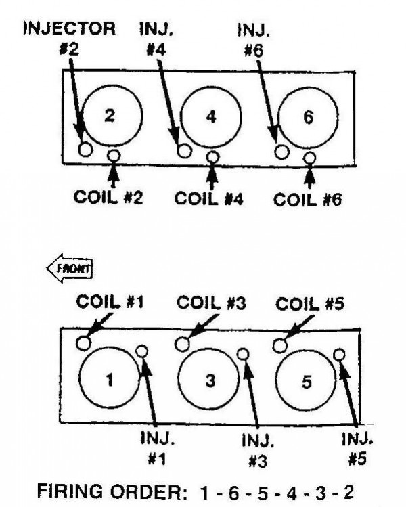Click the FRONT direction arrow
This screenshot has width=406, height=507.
click(70, 268)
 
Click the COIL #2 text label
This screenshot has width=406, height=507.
click(108, 197)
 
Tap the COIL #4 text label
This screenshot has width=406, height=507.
click(209, 198)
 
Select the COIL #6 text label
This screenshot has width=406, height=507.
click(307, 199)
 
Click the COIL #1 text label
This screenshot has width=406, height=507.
click(110, 302)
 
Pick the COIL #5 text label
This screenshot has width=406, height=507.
click(310, 304)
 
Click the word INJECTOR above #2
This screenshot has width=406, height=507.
click(69, 28)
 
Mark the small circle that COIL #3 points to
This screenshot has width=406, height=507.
click(182, 345)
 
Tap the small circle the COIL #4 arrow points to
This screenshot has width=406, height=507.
click(212, 157)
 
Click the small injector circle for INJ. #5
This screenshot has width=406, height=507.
click(339, 355)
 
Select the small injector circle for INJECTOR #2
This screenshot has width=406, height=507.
click(86, 150)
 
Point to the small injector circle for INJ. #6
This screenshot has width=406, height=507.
click(281, 152)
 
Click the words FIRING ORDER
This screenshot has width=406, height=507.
click(112, 492)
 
